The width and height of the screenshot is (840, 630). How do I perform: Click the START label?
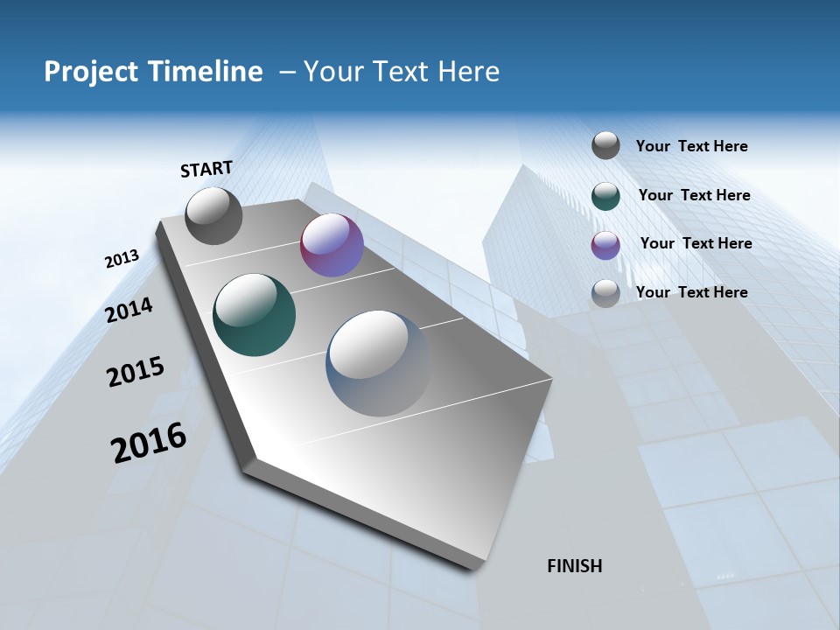tap(206, 169)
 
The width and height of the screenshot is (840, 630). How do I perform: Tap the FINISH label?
tap(575, 566)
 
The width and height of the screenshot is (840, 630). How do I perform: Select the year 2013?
tap(122, 259)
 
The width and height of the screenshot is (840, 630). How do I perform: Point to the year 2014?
tap(129, 310)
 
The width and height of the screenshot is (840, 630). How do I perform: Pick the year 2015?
tap(136, 372)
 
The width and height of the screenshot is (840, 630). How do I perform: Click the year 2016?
tap(149, 443)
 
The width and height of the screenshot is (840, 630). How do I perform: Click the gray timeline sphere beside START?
tap(214, 215)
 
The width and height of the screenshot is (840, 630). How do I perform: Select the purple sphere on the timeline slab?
tap(332, 245)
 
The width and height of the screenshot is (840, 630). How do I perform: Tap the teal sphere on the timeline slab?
tap(254, 315)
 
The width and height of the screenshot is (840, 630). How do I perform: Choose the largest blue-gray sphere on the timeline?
tap(379, 362)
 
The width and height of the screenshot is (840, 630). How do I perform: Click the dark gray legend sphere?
tap(605, 145)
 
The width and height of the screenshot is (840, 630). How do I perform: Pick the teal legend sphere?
tap(605, 196)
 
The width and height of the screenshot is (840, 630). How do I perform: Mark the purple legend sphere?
tap(605, 245)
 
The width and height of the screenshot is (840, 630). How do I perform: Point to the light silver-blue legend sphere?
tap(605, 293)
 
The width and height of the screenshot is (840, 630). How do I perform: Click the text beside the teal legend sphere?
tap(694, 195)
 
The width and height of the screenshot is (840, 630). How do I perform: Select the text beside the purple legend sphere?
tap(696, 243)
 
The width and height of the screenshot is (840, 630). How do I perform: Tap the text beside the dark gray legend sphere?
tap(691, 146)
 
